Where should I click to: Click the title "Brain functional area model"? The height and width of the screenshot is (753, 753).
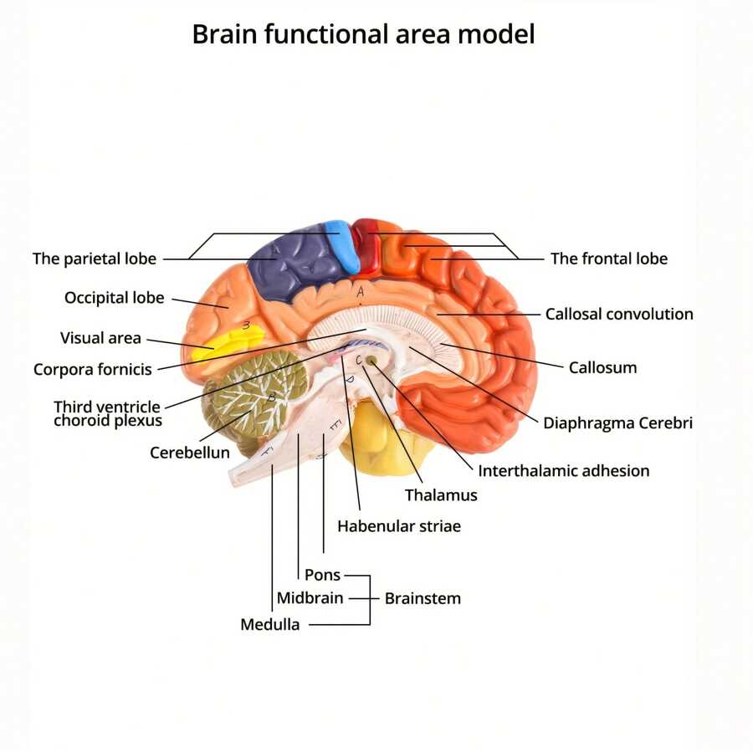(363, 35)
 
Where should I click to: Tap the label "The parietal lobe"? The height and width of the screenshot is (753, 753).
(95, 259)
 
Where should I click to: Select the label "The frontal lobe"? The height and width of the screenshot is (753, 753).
(608, 259)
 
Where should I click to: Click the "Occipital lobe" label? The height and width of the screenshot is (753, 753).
(115, 298)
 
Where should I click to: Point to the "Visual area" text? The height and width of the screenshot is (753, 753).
(100, 338)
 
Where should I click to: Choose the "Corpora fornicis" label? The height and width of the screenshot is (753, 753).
(93, 369)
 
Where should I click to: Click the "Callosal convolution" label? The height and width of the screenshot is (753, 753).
(619, 315)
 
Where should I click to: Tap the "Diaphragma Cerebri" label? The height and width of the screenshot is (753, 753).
(617, 423)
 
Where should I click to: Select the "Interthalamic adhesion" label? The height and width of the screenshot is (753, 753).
(563, 470)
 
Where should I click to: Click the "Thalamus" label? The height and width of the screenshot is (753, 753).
(441, 495)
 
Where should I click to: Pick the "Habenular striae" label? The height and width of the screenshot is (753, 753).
(399, 526)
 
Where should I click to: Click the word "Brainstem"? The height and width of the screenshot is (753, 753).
(423, 598)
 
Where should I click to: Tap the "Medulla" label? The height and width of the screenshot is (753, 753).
(270, 624)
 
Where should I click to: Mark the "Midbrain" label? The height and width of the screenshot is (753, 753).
(310, 598)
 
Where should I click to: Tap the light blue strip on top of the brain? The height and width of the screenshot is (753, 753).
(343, 244)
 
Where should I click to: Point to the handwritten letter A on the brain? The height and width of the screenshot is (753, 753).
(361, 293)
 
